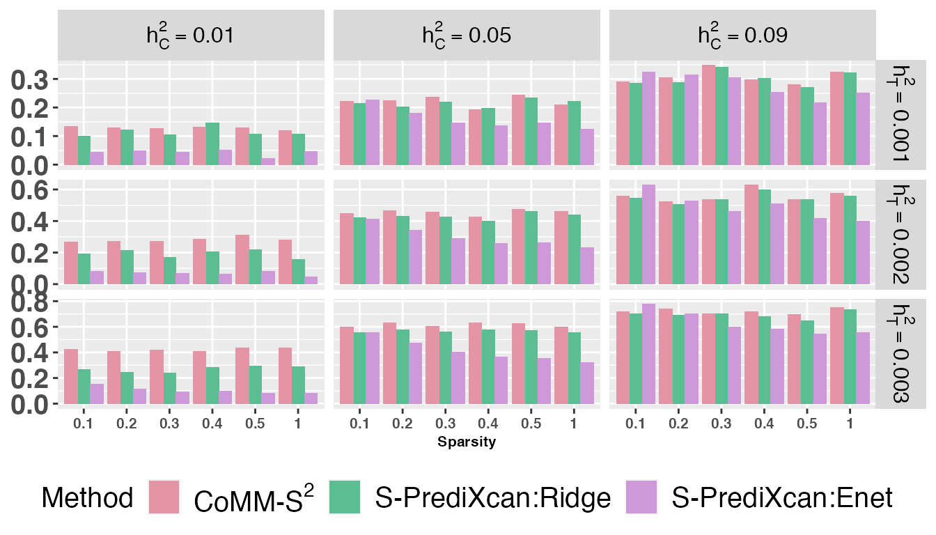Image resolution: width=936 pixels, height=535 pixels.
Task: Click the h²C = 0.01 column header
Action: [x=190, y=36]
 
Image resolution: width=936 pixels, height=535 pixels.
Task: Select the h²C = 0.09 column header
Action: [x=743, y=36]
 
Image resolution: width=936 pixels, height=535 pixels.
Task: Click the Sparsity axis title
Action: [x=467, y=442]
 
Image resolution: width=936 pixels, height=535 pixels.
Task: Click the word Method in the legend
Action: [x=87, y=497]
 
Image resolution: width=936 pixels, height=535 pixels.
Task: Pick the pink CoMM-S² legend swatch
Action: [x=164, y=497]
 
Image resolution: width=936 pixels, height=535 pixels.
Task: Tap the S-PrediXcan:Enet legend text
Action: [x=781, y=497]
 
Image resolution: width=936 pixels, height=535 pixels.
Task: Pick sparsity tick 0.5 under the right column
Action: [x=807, y=423]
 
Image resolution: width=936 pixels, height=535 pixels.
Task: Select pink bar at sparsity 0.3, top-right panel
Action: [x=708, y=116]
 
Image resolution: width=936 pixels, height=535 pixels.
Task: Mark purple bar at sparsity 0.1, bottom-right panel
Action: [x=648, y=354]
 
